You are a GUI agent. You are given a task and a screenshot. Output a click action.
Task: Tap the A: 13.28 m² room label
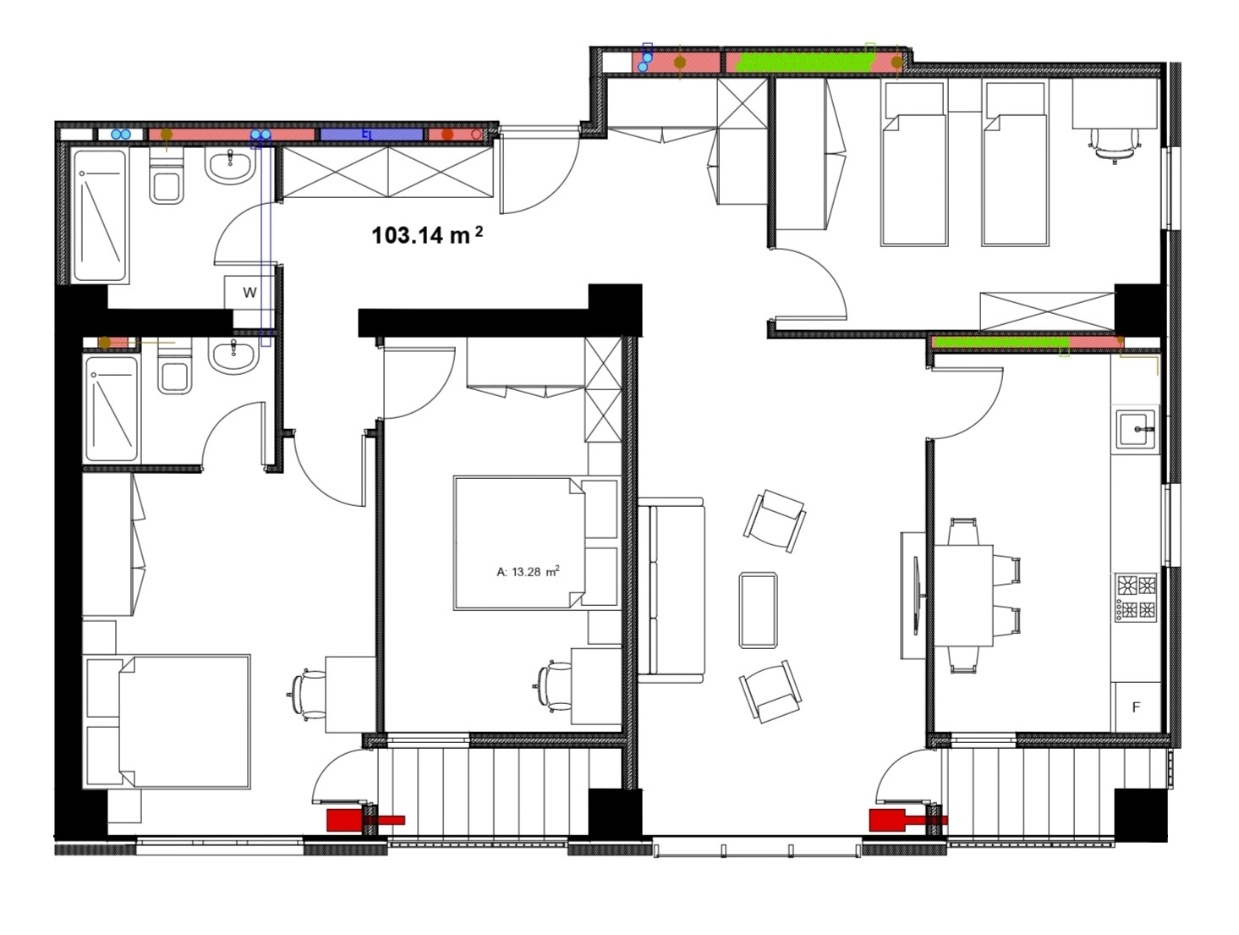click(528, 571)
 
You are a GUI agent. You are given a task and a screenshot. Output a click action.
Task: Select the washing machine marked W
click(249, 292)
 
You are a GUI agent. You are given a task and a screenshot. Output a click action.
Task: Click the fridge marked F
click(1136, 707)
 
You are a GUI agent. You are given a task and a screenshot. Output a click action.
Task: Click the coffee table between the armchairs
click(758, 610)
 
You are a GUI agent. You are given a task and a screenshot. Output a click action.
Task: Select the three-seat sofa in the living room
click(672, 590)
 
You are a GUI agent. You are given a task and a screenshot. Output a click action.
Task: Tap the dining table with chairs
click(964, 596)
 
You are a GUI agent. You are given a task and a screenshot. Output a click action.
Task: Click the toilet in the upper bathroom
click(167, 176)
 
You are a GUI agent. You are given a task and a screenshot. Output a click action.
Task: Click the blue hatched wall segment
click(371, 135)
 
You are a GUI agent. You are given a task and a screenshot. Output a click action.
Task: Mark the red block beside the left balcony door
click(345, 820)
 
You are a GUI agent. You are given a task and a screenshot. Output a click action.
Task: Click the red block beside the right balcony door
click(887, 820)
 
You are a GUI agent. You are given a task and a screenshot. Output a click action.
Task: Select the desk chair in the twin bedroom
click(1114, 143)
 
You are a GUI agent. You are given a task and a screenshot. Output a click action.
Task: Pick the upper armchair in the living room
click(775, 520)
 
